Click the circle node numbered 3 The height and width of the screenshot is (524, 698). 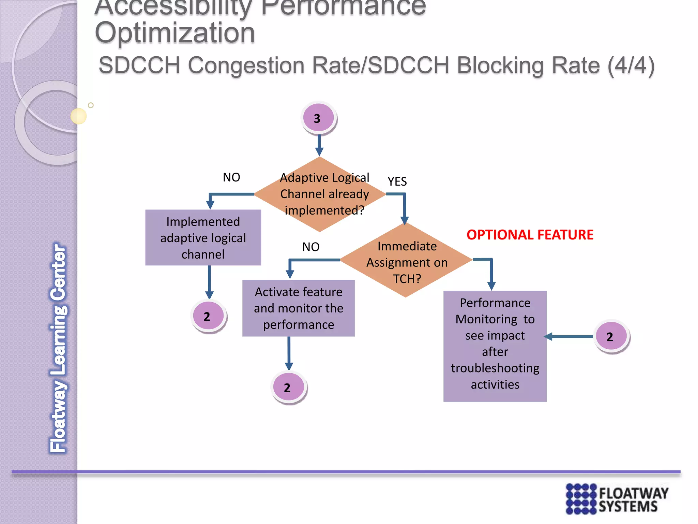click(x=318, y=118)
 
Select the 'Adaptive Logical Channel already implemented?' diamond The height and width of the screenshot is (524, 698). click(x=320, y=194)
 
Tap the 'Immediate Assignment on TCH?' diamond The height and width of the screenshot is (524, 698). click(x=406, y=261)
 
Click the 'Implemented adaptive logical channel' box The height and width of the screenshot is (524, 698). click(x=203, y=238)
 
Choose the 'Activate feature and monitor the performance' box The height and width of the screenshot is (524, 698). click(x=298, y=308)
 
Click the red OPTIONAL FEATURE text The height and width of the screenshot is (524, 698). click(x=530, y=235)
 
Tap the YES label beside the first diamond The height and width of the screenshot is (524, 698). click(x=397, y=181)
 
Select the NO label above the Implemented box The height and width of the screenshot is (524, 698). click(x=231, y=177)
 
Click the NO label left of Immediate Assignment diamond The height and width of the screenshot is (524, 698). click(x=311, y=247)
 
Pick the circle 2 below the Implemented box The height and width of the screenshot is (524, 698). click(x=208, y=316)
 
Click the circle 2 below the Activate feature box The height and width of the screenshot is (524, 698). click(x=288, y=387)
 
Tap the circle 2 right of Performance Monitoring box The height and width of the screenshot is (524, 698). click(x=611, y=336)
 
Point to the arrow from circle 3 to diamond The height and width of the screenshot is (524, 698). click(x=319, y=145)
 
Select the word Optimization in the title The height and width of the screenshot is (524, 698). click(x=174, y=33)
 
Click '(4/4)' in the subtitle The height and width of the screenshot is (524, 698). click(x=631, y=65)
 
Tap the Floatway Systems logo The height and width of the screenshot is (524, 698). click(x=617, y=499)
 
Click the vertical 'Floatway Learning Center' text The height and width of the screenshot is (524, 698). click(x=58, y=348)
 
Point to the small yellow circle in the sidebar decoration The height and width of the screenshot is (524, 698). click(x=78, y=116)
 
